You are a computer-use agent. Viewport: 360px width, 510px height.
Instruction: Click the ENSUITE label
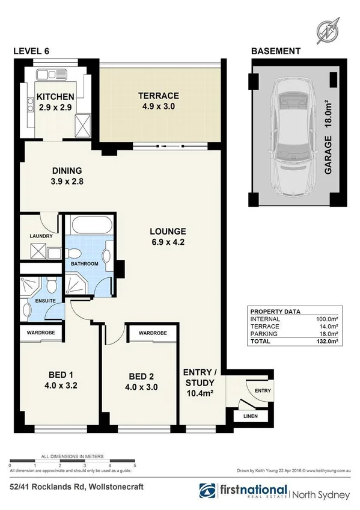pos(37,300)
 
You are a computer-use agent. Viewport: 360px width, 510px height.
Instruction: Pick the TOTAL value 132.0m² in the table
pos(328,341)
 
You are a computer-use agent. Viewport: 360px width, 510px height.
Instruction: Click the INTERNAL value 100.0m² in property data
pos(328,319)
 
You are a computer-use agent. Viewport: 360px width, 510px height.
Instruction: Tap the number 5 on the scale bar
pos(135,465)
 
